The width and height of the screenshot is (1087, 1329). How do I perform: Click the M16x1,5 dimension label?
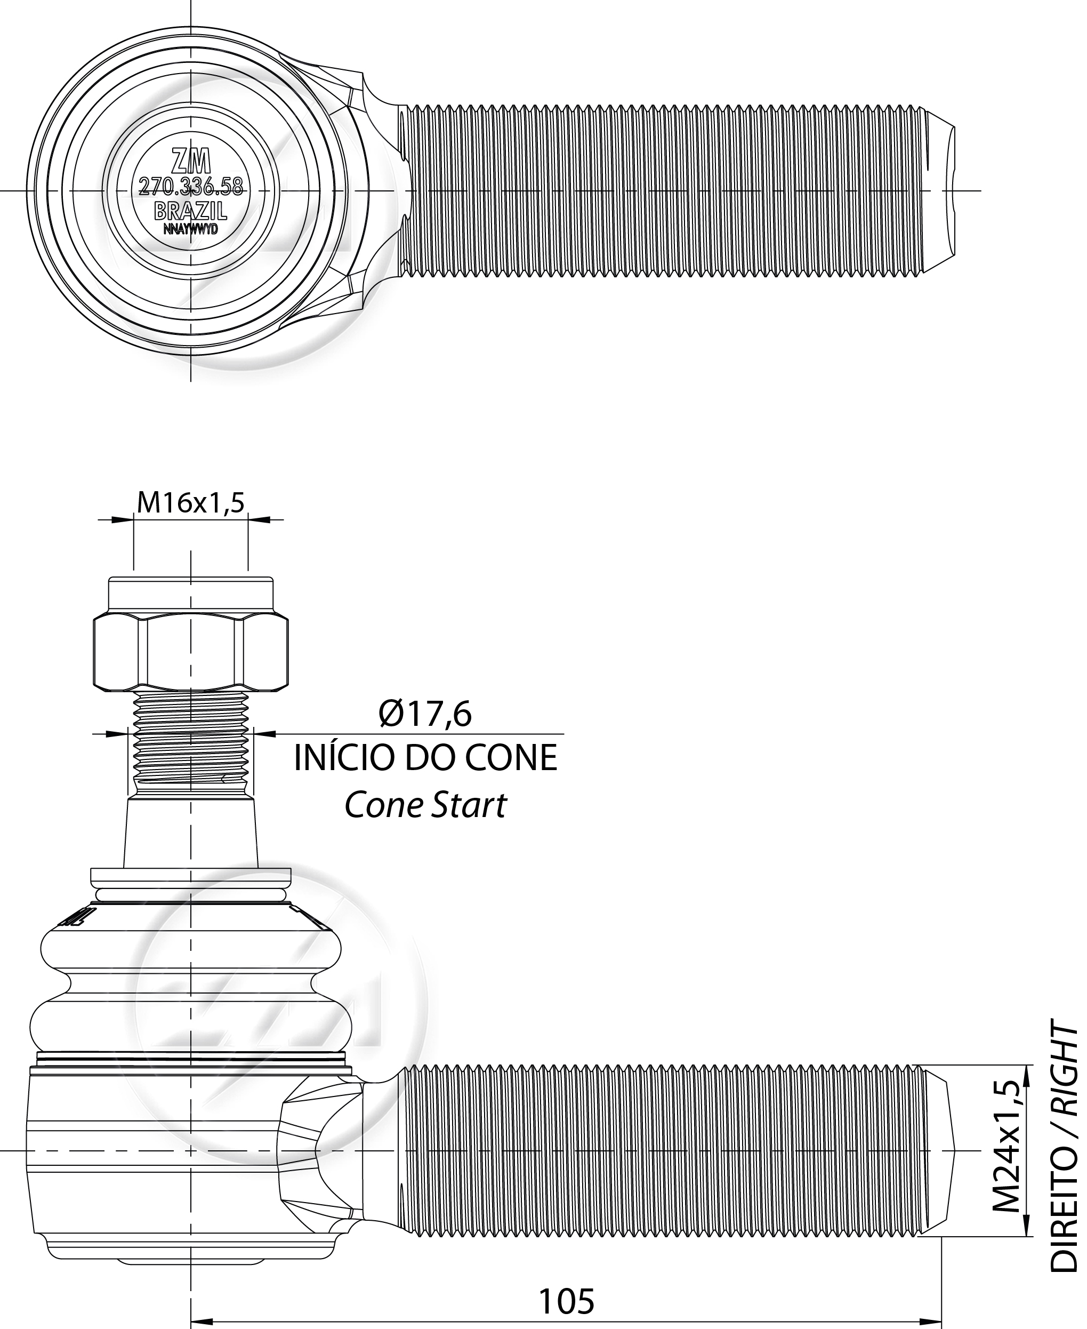click(190, 502)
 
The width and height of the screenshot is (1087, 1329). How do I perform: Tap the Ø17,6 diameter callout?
click(425, 715)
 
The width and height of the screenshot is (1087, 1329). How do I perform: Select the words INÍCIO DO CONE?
click(426, 758)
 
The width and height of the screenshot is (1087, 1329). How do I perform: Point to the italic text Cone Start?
click(425, 805)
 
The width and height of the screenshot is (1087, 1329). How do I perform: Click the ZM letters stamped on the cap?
click(191, 162)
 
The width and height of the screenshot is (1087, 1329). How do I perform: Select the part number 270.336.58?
click(191, 187)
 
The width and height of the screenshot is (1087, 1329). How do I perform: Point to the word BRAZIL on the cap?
click(191, 211)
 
